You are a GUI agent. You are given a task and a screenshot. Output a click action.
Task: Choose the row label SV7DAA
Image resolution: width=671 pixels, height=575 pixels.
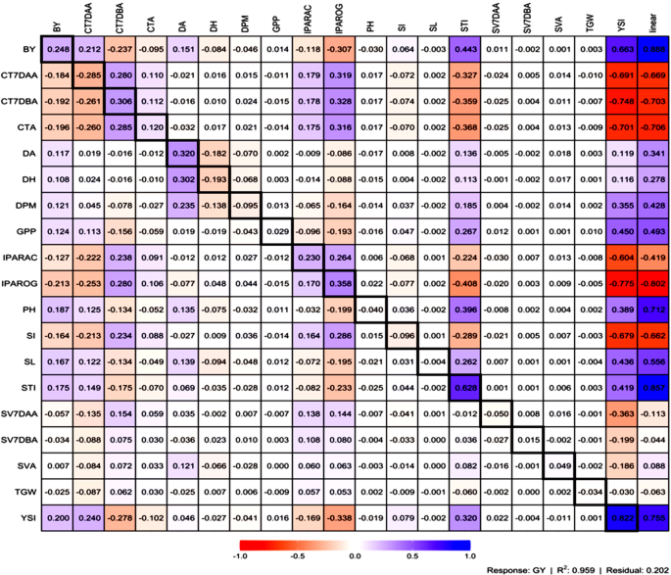[25, 413]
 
